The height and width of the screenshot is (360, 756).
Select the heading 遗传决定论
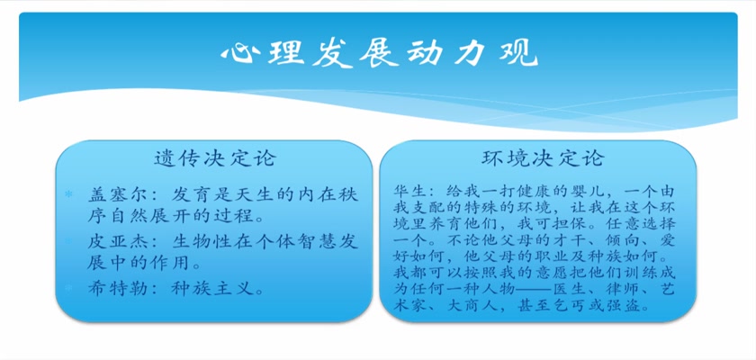point(214,157)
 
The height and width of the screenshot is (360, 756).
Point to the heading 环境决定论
point(543,157)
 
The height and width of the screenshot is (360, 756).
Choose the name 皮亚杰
point(112,241)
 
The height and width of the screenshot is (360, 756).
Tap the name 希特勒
point(112,288)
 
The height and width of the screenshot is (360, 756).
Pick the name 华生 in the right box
point(408,190)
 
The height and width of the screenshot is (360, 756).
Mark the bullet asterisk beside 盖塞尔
point(68,194)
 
